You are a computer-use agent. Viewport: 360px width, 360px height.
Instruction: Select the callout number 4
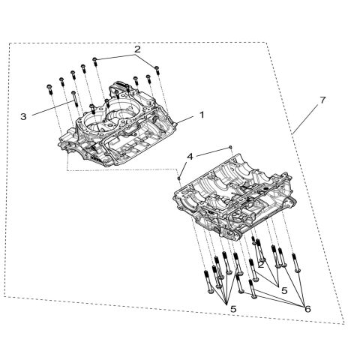pyautogui.click(x=190, y=156)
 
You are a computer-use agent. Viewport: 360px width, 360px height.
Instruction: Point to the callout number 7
pyautogui.click(x=322, y=100)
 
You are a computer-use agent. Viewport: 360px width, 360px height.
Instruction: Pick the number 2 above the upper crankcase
pyautogui.click(x=136, y=49)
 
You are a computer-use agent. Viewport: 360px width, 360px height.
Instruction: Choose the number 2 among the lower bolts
pyautogui.click(x=260, y=264)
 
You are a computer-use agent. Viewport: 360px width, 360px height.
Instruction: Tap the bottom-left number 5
pyautogui.click(x=233, y=308)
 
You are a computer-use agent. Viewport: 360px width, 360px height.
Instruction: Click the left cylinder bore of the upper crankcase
pyautogui.click(x=94, y=118)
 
